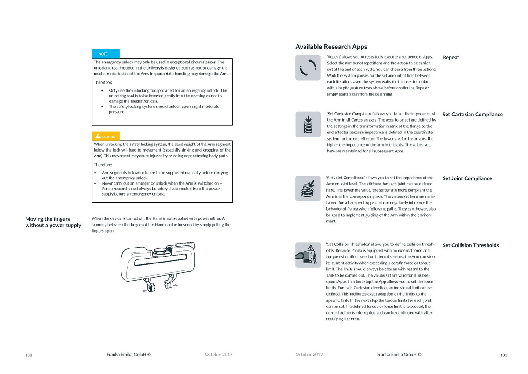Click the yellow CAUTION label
tap(106, 137)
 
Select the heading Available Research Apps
tap(331, 47)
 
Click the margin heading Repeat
tap(451, 57)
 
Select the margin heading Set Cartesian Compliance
tap(472, 115)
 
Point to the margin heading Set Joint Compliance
tap(467, 178)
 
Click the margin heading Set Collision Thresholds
tap(470, 245)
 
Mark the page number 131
tap(504, 355)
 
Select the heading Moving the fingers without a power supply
tap(53, 222)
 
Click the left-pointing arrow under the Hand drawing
tap(145, 291)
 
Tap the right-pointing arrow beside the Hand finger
tap(175, 285)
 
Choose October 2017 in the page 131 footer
tap(309, 355)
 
